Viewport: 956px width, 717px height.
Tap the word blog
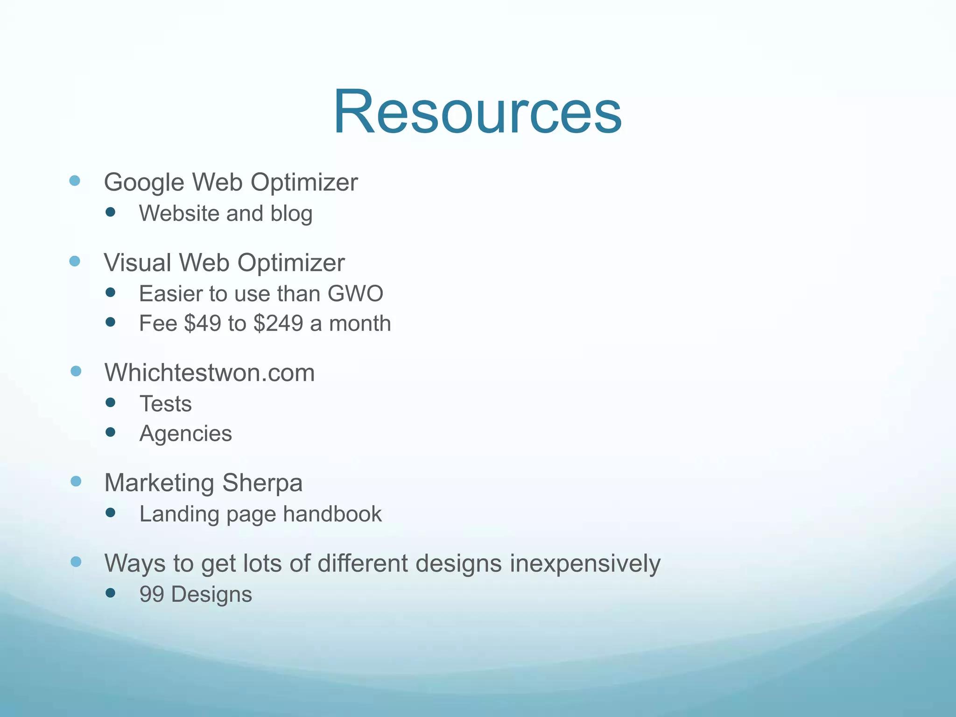(x=291, y=214)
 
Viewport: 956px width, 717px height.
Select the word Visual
(x=138, y=262)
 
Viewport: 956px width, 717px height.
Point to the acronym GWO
(x=355, y=294)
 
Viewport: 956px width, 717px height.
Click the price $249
(x=278, y=323)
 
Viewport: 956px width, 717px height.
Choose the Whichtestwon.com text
(x=210, y=373)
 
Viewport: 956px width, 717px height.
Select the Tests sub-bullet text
(x=166, y=404)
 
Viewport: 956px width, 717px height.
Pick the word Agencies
(x=186, y=434)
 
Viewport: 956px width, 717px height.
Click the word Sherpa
(x=262, y=483)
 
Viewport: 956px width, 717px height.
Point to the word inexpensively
(x=585, y=563)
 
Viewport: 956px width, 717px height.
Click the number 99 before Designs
(x=152, y=594)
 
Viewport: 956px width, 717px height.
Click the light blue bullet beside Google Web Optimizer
(x=75, y=181)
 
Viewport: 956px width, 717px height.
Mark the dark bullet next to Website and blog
(x=110, y=212)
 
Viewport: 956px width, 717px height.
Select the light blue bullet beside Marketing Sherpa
(x=76, y=481)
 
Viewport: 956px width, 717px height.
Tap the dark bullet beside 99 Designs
(x=110, y=593)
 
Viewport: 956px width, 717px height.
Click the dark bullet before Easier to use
(x=110, y=293)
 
